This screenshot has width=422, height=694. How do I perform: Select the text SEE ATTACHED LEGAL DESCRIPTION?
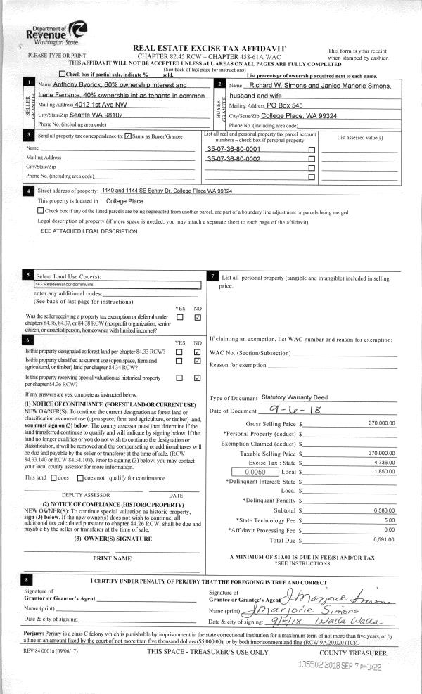89,231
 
